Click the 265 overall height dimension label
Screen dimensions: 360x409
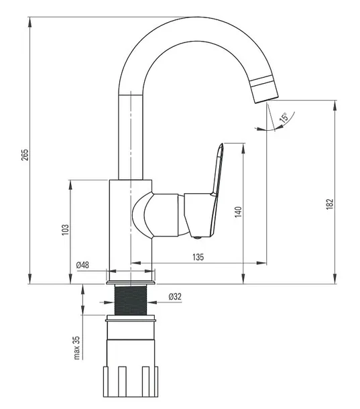(x=25, y=155)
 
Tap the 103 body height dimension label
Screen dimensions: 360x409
(x=65, y=229)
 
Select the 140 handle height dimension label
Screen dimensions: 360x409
(x=238, y=212)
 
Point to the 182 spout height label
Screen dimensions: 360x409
(x=330, y=204)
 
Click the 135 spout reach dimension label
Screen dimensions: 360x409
(x=198, y=257)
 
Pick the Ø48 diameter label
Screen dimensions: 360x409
(x=82, y=265)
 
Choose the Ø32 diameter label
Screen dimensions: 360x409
(x=175, y=296)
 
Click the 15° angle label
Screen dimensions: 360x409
(x=284, y=117)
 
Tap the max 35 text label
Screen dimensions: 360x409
(x=76, y=347)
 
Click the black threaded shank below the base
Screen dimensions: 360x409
(x=131, y=300)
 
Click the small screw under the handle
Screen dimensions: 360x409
(x=198, y=237)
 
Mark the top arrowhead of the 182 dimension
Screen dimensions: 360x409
(x=335, y=105)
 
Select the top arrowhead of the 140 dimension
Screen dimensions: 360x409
(x=243, y=148)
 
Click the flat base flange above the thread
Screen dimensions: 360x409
(x=131, y=283)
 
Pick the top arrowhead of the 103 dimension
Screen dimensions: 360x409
(x=70, y=185)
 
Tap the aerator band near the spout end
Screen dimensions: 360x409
(x=261, y=81)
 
